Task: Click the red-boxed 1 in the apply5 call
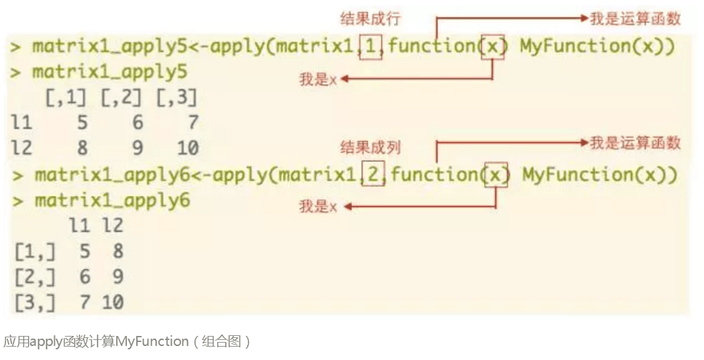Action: [371, 47]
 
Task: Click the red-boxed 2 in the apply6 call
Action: [373, 175]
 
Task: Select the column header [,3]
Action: [176, 98]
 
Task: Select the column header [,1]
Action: [66, 98]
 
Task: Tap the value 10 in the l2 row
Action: [188, 148]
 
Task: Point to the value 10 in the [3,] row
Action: [112, 302]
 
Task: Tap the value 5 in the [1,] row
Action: [83, 252]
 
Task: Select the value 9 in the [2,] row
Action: [117, 277]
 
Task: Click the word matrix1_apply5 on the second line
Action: [110, 72]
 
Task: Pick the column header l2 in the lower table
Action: [112, 226]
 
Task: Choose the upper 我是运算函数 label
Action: [635, 18]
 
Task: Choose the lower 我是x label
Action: [317, 207]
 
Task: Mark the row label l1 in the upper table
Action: [22, 123]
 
